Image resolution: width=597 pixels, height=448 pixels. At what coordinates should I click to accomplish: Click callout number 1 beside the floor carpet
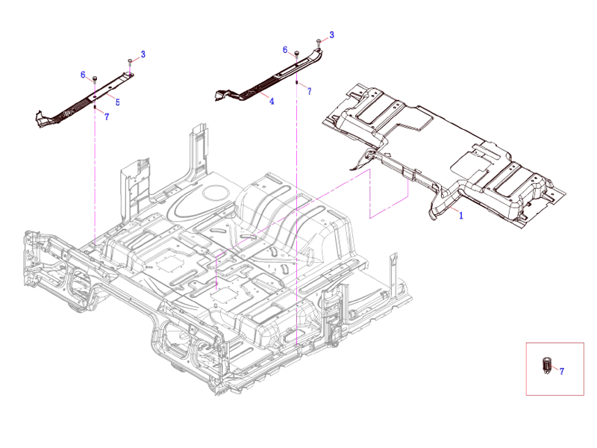pos(461,215)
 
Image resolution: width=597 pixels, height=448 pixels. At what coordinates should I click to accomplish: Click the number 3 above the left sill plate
pos(143,54)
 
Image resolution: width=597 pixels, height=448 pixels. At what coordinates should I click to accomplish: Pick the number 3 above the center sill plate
pos(331,35)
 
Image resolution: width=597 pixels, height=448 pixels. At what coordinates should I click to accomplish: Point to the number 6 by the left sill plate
pos(83,75)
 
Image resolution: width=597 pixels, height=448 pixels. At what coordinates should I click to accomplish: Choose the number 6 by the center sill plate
pos(284,49)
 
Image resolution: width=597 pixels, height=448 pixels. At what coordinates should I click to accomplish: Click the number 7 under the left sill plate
pos(107,117)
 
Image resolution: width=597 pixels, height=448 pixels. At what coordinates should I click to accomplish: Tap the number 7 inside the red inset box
pos(561,370)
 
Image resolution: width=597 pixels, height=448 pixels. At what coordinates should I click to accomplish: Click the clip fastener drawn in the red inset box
pos(546,367)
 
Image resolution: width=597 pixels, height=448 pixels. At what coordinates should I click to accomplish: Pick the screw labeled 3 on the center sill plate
pos(319,42)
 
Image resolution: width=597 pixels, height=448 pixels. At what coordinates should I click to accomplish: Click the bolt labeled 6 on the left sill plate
pos(96,78)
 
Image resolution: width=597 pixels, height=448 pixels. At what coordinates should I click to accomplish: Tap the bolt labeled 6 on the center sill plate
pos(296,53)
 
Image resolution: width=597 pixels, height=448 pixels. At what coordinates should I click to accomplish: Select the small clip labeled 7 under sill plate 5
pos(96,108)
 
